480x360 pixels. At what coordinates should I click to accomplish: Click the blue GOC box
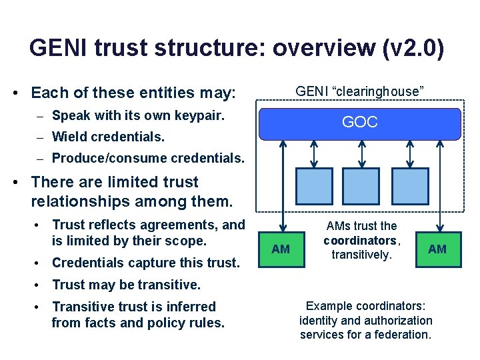point(360,123)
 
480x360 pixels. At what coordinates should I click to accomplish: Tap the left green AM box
point(281,249)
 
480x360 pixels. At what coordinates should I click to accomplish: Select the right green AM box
point(437,249)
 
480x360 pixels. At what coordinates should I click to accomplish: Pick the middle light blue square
point(361,186)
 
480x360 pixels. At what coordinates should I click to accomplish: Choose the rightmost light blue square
point(410,186)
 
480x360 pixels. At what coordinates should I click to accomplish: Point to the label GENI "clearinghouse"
point(360,91)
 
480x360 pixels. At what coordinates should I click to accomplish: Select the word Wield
point(69,137)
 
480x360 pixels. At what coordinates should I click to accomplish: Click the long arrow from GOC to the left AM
point(283,183)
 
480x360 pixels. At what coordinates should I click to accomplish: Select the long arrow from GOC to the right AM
point(439,183)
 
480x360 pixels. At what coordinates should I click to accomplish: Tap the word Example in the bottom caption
point(328,306)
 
